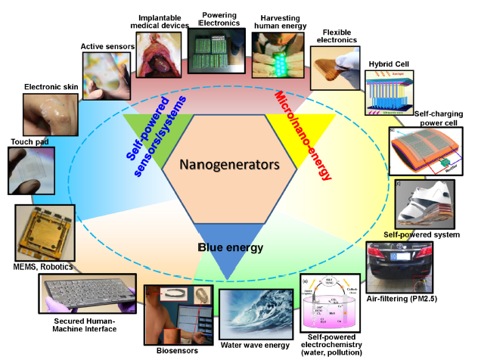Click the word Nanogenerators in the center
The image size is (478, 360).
point(227,163)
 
